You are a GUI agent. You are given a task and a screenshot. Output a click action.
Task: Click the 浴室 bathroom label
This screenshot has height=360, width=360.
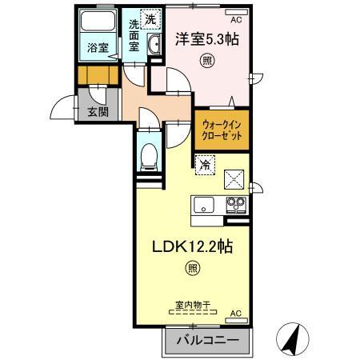click(x=98, y=48)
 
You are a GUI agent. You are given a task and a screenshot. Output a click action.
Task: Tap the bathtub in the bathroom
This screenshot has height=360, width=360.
click(x=98, y=21)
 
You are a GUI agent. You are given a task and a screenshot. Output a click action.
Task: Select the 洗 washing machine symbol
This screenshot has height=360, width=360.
click(x=150, y=18)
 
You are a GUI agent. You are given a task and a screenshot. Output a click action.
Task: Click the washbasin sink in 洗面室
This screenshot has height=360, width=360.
click(x=154, y=45)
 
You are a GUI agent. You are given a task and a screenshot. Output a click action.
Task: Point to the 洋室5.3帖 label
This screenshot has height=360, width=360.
click(x=207, y=39)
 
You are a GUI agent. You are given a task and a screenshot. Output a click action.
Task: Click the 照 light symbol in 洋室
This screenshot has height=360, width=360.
click(x=207, y=61)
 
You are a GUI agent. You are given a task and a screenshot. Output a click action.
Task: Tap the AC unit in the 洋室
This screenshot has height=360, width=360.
click(x=236, y=12)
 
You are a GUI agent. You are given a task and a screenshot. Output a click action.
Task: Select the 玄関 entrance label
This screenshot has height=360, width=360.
click(x=98, y=112)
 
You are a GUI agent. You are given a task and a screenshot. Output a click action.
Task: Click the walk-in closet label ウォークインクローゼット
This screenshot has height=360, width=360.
click(x=222, y=130)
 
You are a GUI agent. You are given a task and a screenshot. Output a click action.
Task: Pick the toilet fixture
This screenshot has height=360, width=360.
click(x=149, y=158)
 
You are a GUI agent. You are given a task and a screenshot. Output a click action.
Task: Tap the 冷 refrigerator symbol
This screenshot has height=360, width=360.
click(x=205, y=165)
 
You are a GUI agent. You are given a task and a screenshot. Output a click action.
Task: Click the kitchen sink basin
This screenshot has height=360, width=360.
click(x=204, y=205)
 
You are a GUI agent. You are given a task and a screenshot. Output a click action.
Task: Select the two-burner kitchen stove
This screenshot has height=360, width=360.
click(x=236, y=205)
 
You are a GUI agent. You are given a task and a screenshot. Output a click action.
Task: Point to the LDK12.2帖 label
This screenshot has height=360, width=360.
click(x=193, y=246)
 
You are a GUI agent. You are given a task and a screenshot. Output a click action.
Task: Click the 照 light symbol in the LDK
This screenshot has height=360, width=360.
click(x=193, y=268)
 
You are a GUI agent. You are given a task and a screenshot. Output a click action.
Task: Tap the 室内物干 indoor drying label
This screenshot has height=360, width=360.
click(x=193, y=305)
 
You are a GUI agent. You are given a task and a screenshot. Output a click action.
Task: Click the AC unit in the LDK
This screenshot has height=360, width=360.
click(x=236, y=320)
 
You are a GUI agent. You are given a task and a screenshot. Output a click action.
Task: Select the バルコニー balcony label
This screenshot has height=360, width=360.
click(x=207, y=340)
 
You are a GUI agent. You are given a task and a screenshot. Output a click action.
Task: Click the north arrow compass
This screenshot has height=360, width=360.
click(x=293, y=339)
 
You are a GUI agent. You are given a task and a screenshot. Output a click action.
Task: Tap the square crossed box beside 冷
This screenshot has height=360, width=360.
click(x=234, y=179)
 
